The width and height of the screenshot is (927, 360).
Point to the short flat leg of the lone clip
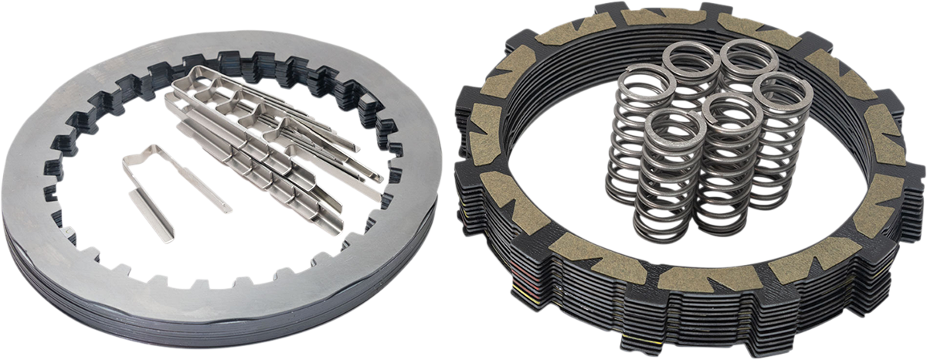(151, 216)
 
